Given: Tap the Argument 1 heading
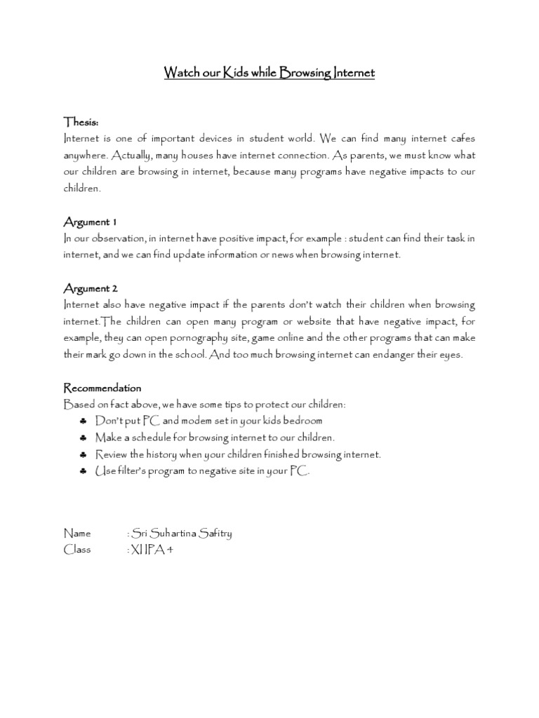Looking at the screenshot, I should coord(90,222).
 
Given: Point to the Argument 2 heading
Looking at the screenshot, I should coord(91,288).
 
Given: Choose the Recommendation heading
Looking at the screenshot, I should coord(102,388).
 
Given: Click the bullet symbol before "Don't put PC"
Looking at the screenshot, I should coord(84,421).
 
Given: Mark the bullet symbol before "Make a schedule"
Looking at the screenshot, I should coord(84,438).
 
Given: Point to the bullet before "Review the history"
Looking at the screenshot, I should coord(84,454).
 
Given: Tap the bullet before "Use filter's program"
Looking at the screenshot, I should coord(84,471).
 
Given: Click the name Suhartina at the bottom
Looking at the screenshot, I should coord(176,533).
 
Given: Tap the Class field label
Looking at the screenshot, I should coord(77,550).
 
